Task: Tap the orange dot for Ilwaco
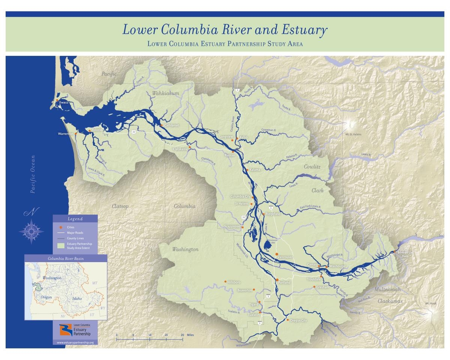pos(57,101)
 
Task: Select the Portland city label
pos(285,282)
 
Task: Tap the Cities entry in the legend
pos(70,227)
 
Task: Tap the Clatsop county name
pos(120,206)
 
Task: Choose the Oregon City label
pos(298,321)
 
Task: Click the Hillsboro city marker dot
pos(225,282)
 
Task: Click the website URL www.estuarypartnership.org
pos(75,342)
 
